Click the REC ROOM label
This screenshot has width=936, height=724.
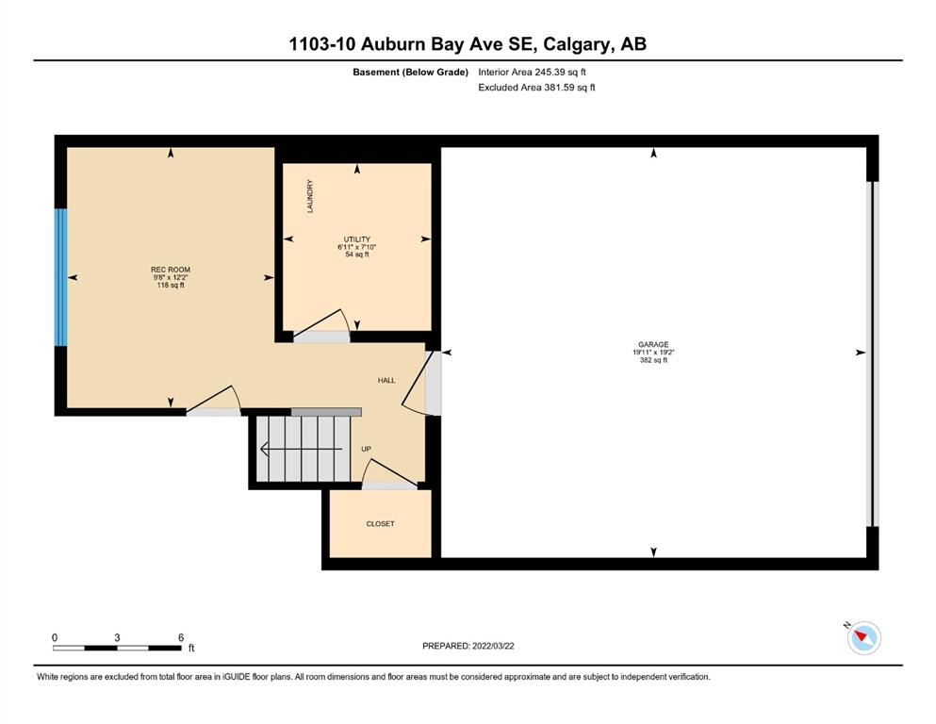[x=170, y=270]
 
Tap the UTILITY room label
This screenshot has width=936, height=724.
[x=357, y=239]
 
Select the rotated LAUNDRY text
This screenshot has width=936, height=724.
[x=310, y=196]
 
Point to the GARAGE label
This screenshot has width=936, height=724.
[x=653, y=344]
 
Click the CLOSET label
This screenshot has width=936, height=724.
[x=380, y=523]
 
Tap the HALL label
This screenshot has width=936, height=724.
[x=386, y=380]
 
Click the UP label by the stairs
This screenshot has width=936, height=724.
[x=366, y=449]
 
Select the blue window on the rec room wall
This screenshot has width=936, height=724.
[x=61, y=277]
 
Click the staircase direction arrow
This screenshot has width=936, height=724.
[x=302, y=449]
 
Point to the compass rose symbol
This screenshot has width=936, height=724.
[x=863, y=637]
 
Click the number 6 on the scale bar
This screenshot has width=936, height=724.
[x=181, y=637]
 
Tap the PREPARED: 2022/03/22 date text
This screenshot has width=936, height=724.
[x=468, y=646]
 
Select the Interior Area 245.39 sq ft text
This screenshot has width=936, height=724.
[x=532, y=73]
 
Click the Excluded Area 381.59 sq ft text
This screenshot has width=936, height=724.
[x=536, y=87]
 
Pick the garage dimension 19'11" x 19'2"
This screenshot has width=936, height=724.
[x=653, y=353]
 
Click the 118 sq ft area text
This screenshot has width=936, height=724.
[x=170, y=286]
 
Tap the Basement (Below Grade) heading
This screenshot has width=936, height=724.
[x=410, y=73]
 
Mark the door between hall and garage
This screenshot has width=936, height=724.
[x=433, y=383]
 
